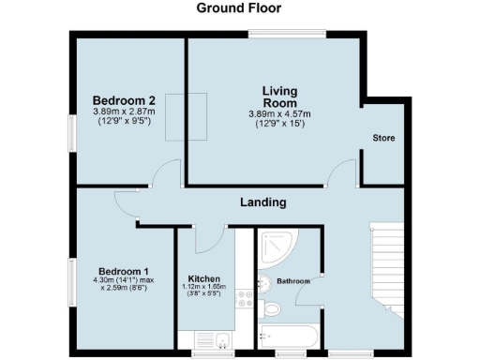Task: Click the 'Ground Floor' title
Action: [238, 8]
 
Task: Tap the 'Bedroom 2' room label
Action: [124, 100]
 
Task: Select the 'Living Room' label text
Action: [279, 97]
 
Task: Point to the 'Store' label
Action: [383, 139]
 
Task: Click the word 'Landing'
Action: [262, 202]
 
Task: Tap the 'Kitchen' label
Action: [203, 279]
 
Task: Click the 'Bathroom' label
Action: [292, 280]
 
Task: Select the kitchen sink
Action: [221, 339]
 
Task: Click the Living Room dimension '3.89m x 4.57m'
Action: [279, 114]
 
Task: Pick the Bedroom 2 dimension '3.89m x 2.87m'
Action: [125, 112]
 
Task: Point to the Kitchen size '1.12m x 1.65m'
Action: [203, 289]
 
